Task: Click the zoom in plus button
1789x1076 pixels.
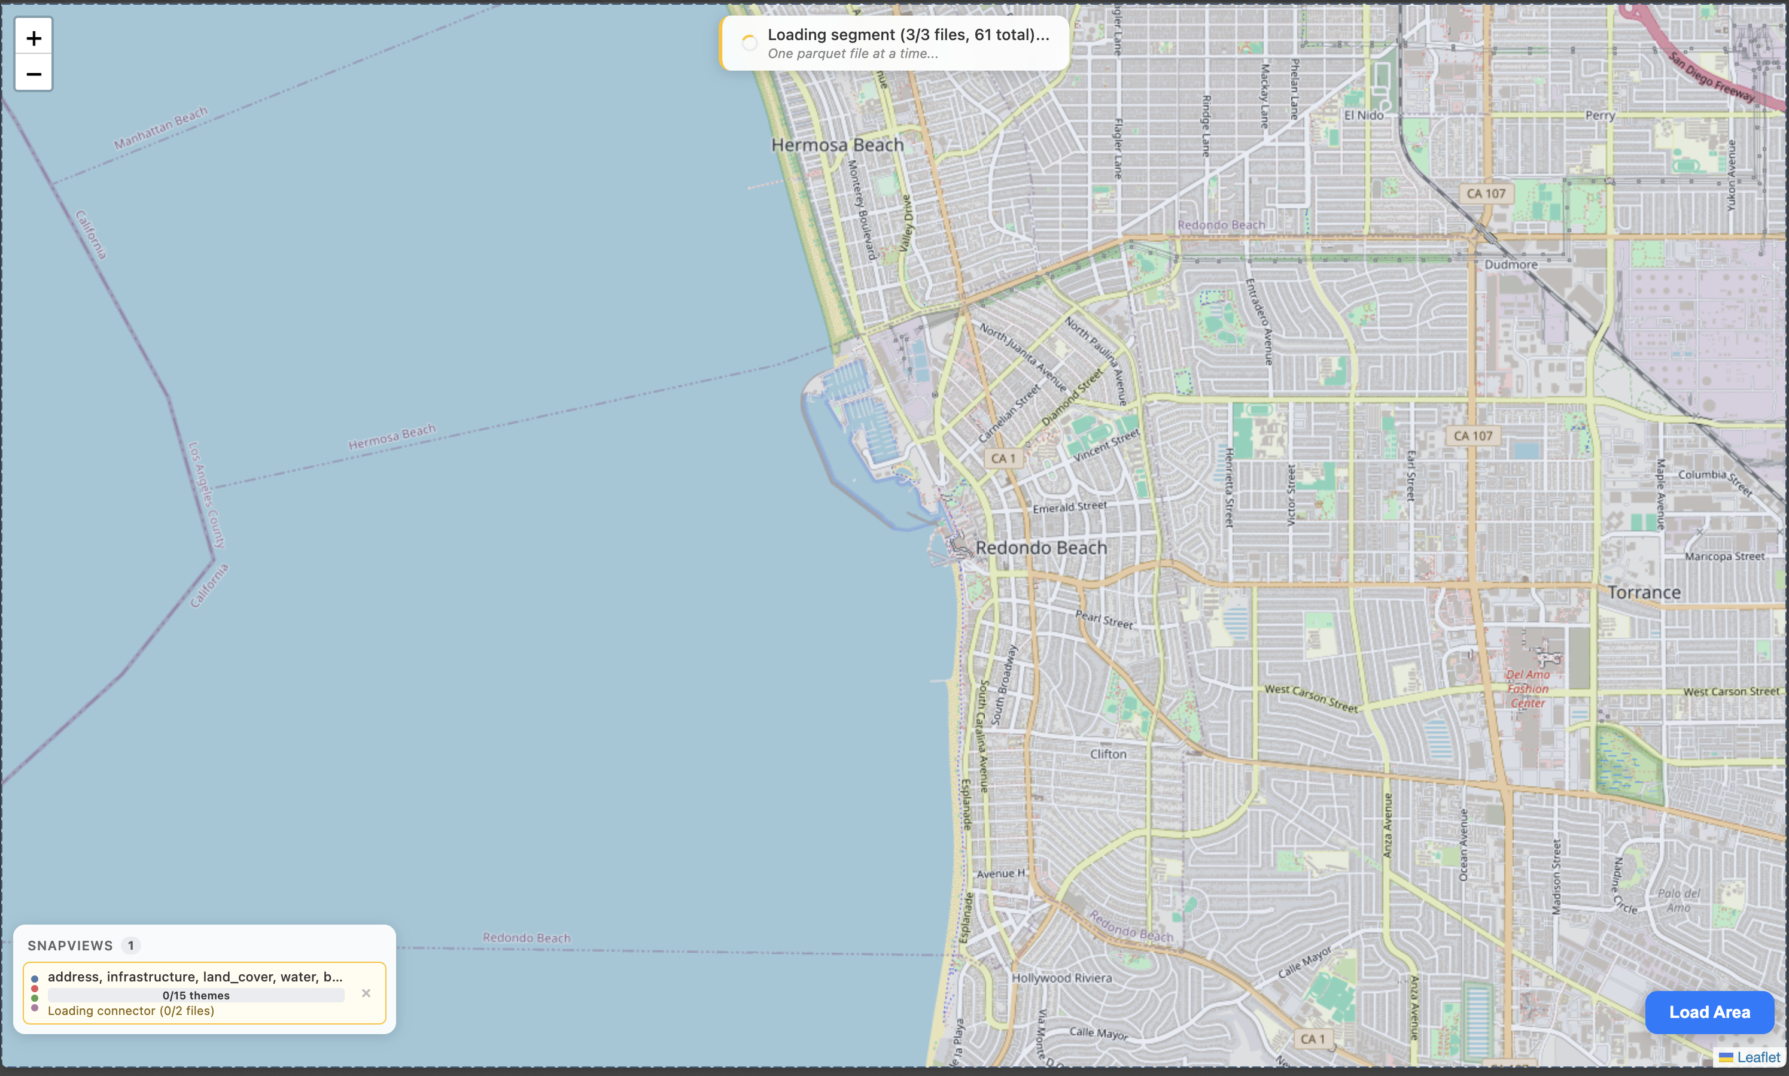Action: point(34,38)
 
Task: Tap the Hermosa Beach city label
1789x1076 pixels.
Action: point(837,145)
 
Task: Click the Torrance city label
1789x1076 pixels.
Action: point(1643,592)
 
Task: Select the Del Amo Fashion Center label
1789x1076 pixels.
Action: point(1528,688)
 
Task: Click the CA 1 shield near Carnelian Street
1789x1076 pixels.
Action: point(1003,458)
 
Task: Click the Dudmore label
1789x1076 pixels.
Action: point(1511,265)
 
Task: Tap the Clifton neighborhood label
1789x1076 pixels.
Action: point(1108,754)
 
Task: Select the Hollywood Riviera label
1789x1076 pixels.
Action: point(1061,977)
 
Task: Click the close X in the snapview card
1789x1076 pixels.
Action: point(366,993)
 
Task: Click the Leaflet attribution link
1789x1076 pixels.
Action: point(1758,1057)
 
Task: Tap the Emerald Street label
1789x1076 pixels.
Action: point(1069,507)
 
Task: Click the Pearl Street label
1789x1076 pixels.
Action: point(1103,618)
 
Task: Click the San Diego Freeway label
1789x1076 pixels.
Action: point(1711,75)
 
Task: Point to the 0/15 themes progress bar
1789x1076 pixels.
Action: point(196,996)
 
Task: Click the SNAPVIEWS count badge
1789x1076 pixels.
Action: point(130,946)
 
